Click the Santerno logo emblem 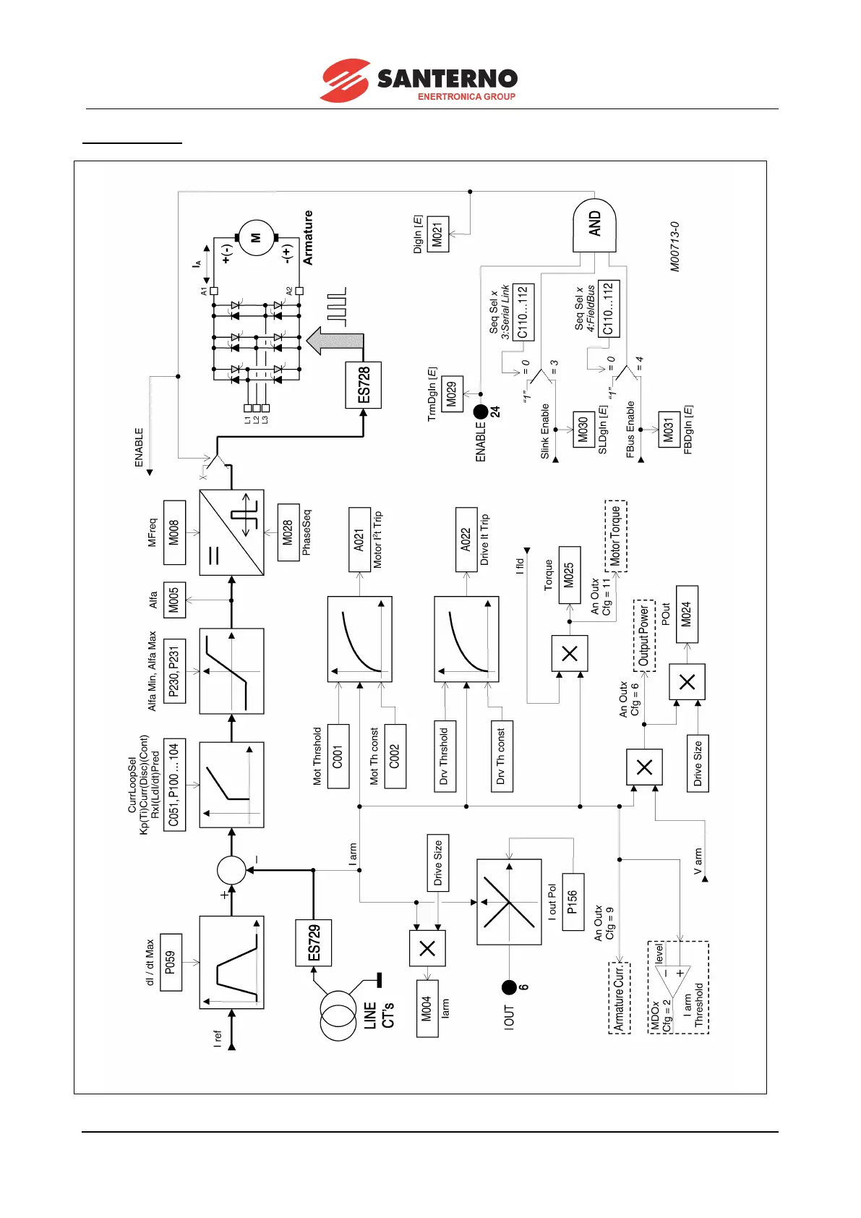pyautogui.click(x=345, y=80)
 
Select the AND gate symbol pyautogui.click(x=594, y=225)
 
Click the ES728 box pyautogui.click(x=364, y=385)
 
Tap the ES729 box pyautogui.click(x=313, y=942)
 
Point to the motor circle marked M pyautogui.click(x=256, y=238)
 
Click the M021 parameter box pyautogui.click(x=437, y=234)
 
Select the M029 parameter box pyautogui.click(x=451, y=394)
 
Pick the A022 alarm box pyautogui.click(x=466, y=540)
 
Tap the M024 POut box pyautogui.click(x=687, y=614)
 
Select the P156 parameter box pyautogui.click(x=573, y=901)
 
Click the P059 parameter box pyautogui.click(x=171, y=962)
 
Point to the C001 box pyautogui.click(x=338, y=756)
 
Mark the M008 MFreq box pyautogui.click(x=174, y=532)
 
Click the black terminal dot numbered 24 pyautogui.click(x=481, y=412)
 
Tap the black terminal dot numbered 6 pyautogui.click(x=510, y=987)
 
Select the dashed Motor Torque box pyautogui.click(x=615, y=536)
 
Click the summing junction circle pyautogui.click(x=231, y=869)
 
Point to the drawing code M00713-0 pyautogui.click(x=674, y=247)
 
